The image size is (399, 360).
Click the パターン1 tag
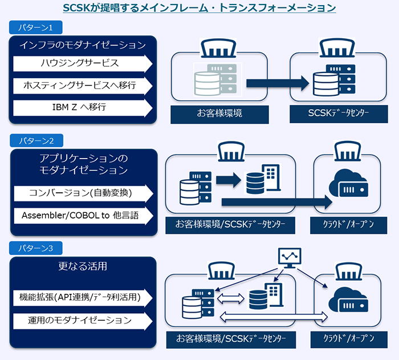tap(35, 27)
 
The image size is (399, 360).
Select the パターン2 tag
tap(36, 140)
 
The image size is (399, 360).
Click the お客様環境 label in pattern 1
tap(219, 114)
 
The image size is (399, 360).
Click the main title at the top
tap(199, 8)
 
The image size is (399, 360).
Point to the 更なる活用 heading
tap(83, 266)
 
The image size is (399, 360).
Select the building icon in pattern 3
tap(274, 294)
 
